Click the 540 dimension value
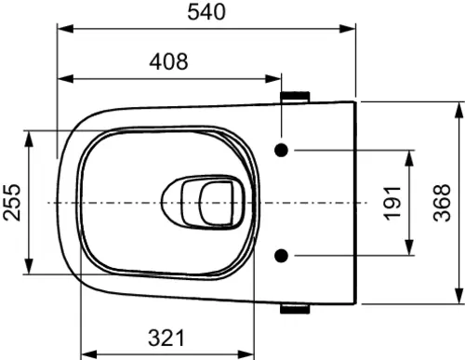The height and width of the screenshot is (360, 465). [206, 12]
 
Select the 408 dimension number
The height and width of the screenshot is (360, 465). [168, 61]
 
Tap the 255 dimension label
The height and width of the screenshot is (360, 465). [12, 203]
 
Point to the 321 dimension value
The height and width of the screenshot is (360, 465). [166, 338]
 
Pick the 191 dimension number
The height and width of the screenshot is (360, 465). [392, 203]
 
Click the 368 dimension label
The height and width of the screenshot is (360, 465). [442, 203]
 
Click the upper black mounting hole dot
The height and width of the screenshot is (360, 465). [282, 151]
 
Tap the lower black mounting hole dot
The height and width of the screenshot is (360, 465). [282, 256]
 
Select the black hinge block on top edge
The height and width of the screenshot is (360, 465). [295, 97]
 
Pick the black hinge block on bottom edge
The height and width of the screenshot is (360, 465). [295, 309]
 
